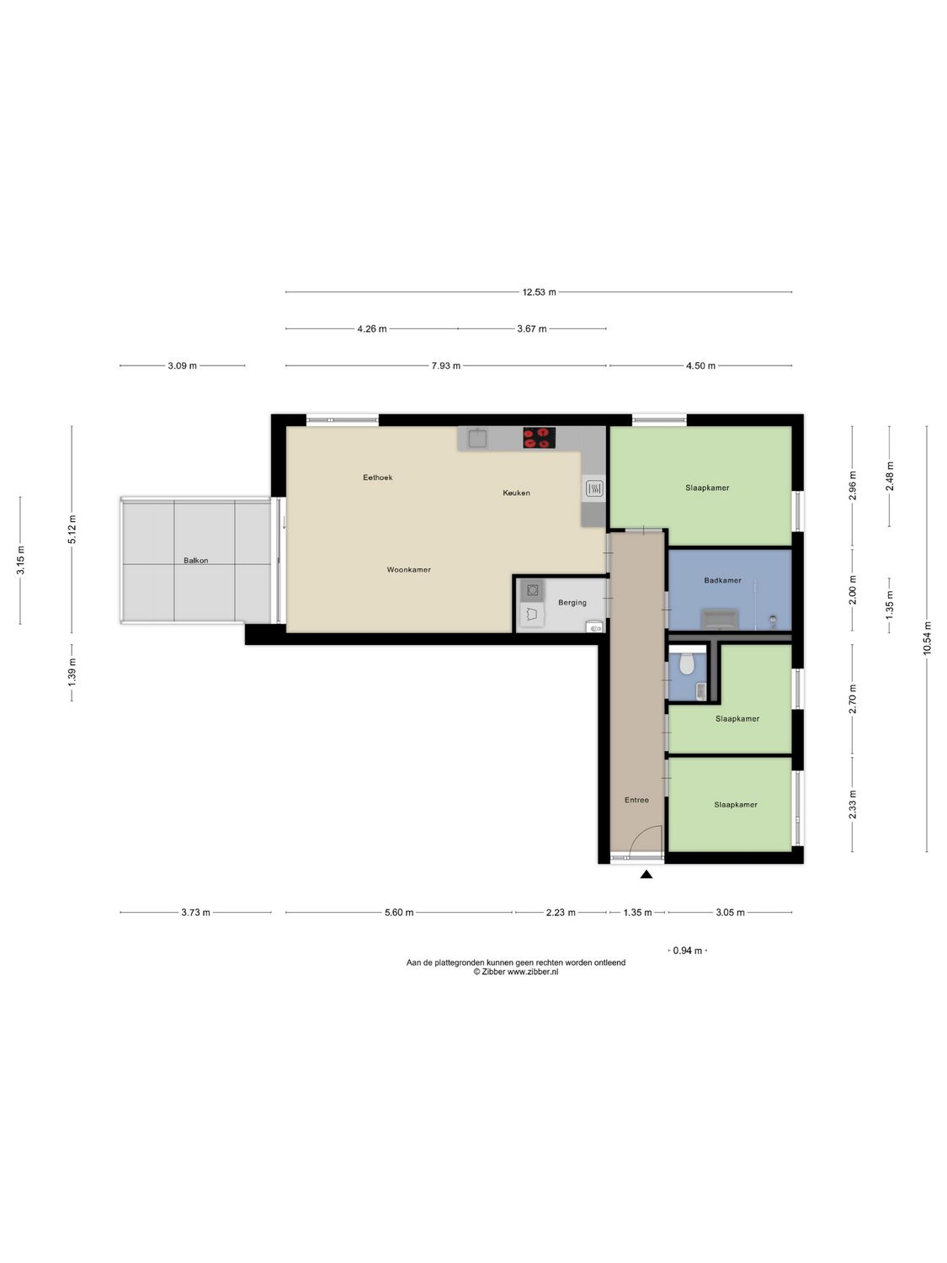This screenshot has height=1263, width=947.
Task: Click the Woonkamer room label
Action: [x=408, y=570]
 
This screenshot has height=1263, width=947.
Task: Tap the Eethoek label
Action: [x=377, y=477]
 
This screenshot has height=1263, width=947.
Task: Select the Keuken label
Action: [x=516, y=493]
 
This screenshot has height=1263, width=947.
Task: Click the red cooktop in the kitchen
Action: [x=539, y=438]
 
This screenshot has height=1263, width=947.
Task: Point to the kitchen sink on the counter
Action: [x=478, y=438]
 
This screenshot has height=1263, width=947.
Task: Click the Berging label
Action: [x=572, y=603]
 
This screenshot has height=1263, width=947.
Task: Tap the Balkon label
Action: [x=195, y=561]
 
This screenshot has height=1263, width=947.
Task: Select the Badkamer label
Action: [x=722, y=580]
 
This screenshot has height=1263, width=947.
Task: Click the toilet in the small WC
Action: [x=686, y=663]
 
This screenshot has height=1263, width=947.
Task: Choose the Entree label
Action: [x=636, y=800]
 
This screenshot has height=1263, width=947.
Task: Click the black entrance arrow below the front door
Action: [x=646, y=875]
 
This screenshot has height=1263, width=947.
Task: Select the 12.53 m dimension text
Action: [x=539, y=292]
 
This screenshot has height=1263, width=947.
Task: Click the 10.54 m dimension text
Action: [x=928, y=638]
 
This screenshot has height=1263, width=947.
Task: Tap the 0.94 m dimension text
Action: [x=687, y=951]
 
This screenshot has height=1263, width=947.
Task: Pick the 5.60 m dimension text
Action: [x=399, y=912]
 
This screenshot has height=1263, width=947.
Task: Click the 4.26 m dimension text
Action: [x=371, y=329]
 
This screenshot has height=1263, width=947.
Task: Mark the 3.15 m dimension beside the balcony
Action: [x=20, y=561]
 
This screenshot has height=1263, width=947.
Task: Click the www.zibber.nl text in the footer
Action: [x=533, y=971]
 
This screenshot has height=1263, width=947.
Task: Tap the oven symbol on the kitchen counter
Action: [x=593, y=488]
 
